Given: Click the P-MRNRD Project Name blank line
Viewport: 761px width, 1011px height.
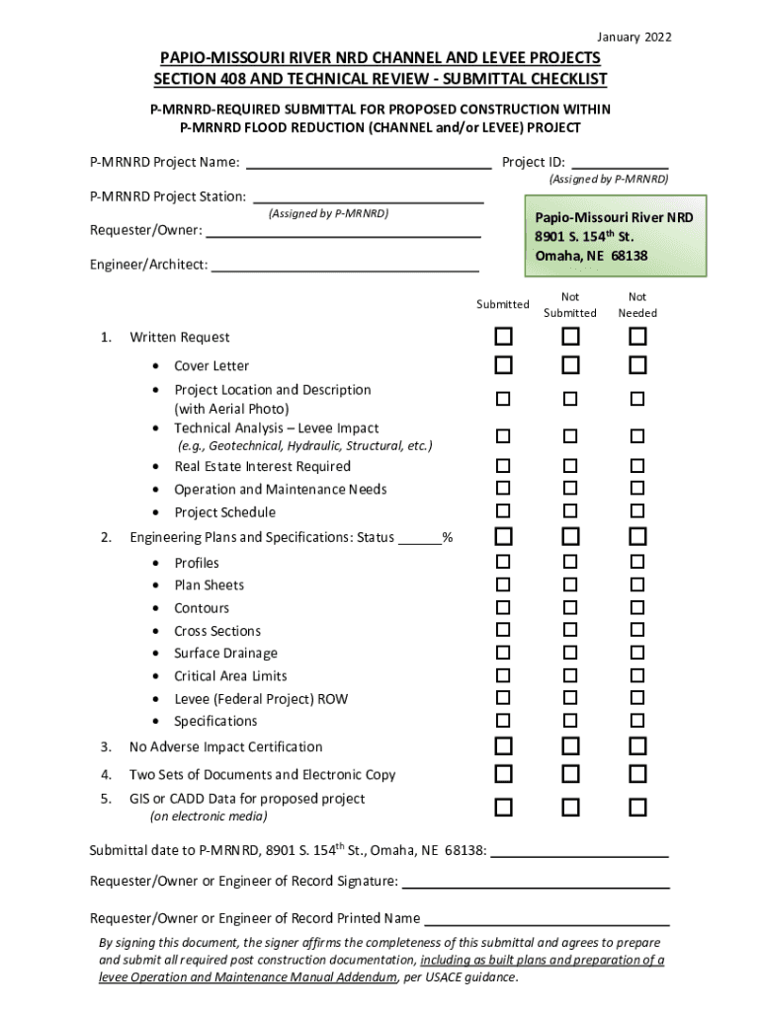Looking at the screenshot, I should [x=368, y=163].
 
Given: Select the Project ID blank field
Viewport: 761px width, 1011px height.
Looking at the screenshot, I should [x=620, y=163].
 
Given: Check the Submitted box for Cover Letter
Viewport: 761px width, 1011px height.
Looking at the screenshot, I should [x=503, y=366].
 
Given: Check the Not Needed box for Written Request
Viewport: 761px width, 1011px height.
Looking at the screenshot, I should [x=637, y=338].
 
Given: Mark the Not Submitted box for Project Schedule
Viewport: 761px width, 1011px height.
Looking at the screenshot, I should [x=570, y=511].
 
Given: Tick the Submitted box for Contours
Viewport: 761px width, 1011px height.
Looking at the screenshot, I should [x=503, y=607].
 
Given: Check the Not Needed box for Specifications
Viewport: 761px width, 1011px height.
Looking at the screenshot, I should [x=637, y=721].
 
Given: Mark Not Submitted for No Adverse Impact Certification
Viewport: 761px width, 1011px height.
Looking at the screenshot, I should [x=570, y=746].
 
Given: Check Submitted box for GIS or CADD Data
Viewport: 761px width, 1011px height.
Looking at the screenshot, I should [x=503, y=808].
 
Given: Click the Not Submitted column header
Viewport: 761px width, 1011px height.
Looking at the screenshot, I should [x=570, y=305].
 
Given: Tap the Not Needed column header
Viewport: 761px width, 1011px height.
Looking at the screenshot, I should [x=637, y=305].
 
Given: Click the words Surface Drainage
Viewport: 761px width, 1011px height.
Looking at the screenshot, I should [x=225, y=654].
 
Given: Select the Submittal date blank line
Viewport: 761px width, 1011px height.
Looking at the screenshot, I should [x=580, y=850].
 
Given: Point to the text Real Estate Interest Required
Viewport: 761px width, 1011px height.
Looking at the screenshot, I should [x=262, y=467].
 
